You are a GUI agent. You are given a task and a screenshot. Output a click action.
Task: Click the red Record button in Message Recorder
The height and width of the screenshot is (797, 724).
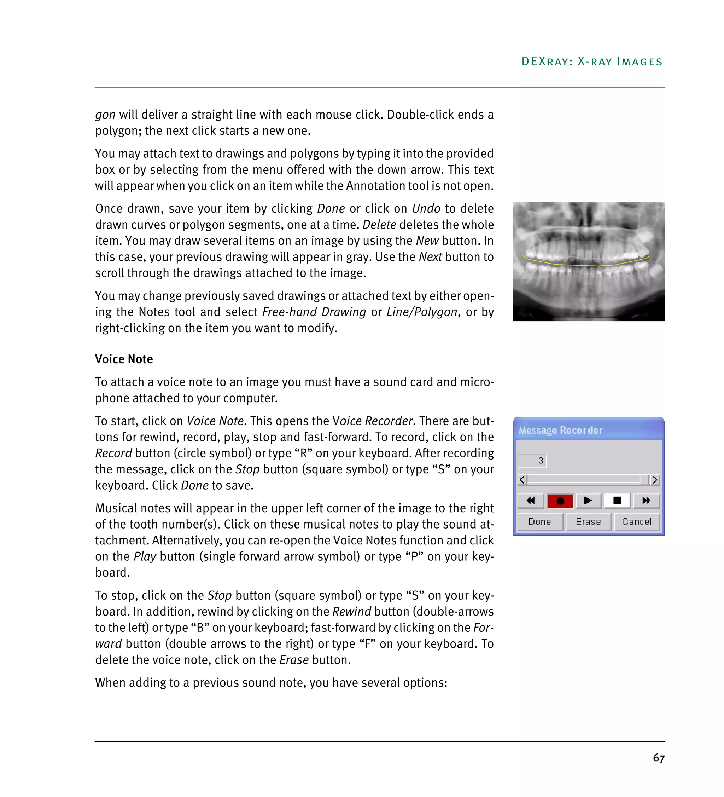click(560, 501)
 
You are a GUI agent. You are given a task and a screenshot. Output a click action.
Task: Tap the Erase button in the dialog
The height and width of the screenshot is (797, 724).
click(588, 521)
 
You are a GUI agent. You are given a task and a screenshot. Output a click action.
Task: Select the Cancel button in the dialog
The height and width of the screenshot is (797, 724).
click(636, 521)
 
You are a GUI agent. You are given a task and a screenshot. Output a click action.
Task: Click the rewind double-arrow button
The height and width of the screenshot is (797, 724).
click(531, 501)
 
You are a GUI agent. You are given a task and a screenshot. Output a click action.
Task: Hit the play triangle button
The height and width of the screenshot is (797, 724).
click(588, 501)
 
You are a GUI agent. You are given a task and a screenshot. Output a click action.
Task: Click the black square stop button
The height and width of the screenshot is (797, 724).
click(617, 501)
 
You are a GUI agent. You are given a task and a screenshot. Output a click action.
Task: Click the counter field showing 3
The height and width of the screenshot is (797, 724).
click(532, 461)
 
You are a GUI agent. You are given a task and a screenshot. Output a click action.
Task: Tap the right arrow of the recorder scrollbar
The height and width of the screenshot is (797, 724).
click(655, 480)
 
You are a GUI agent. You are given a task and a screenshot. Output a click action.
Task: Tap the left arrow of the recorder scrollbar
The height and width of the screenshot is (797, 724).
click(522, 480)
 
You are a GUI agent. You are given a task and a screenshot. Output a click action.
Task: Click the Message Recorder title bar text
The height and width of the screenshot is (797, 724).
click(560, 430)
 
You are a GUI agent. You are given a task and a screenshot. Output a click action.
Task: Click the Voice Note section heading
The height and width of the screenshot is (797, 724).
click(124, 359)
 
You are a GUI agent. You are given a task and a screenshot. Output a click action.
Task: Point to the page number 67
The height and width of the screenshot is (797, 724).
click(659, 758)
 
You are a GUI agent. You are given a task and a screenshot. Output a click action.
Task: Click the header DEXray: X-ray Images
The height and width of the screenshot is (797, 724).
click(592, 62)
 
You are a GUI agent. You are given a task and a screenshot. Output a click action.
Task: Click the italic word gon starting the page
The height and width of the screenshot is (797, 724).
click(105, 115)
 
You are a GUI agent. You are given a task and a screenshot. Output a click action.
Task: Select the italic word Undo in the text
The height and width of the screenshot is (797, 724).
click(426, 208)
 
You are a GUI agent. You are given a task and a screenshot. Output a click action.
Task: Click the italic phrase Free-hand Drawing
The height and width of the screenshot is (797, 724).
click(314, 312)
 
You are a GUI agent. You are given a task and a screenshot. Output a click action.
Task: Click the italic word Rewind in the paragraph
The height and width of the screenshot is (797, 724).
click(351, 611)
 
